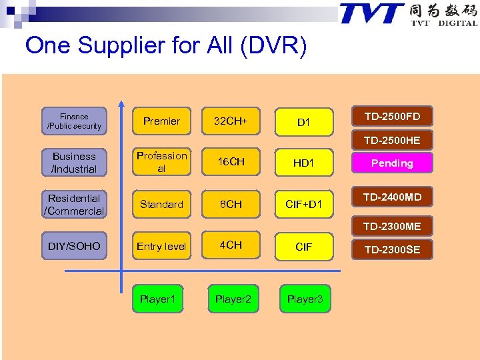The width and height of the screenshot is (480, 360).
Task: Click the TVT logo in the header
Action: [408, 15]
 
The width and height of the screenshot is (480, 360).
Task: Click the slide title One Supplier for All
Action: [166, 45]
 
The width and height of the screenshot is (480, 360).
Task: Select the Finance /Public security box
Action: [74, 121]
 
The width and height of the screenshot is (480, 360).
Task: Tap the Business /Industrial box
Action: [74, 163]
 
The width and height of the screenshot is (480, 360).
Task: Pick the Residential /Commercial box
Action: [74, 205]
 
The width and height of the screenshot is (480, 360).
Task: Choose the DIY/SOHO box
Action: [74, 246]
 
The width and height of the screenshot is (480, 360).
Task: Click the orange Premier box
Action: [161, 121]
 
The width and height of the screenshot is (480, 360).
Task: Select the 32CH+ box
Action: [231, 121]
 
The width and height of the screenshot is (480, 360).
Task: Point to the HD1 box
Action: [303, 163]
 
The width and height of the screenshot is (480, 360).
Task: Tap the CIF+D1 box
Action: [303, 204]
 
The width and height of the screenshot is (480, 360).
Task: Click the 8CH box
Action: [231, 204]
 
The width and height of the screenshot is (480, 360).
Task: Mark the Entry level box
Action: [161, 246]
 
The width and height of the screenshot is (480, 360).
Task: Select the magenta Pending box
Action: [392, 163]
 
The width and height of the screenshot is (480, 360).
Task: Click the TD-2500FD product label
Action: [392, 117]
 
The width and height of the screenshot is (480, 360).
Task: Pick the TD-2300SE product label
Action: [392, 249]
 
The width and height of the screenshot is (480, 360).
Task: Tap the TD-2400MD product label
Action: [392, 197]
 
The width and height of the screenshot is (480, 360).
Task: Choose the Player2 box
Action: [233, 299]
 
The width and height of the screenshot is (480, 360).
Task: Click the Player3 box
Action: [305, 299]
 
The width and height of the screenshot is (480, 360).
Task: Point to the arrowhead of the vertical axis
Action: [121, 104]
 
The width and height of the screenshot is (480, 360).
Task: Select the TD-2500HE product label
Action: [392, 141]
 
